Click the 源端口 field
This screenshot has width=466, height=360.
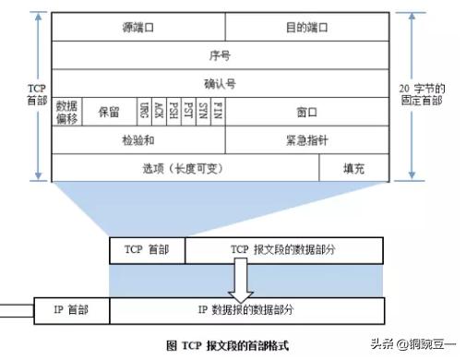tap(138, 28)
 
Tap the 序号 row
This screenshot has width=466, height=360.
tap(221, 55)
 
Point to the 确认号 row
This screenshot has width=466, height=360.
tap(221, 83)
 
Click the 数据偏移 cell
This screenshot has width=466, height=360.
tap(66, 111)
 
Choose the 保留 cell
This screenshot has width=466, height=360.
tap(108, 112)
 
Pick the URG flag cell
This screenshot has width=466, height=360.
tap(145, 112)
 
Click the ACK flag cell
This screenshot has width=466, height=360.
tap(159, 112)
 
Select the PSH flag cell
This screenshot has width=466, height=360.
tap(173, 112)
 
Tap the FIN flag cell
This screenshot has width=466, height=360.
tap(218, 112)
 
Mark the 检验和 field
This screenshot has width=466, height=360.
tap(138, 140)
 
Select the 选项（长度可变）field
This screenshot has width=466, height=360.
tap(185, 169)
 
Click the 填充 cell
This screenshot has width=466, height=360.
tap(354, 169)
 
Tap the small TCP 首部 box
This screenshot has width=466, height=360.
tap(147, 250)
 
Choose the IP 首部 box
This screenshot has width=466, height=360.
tap(72, 308)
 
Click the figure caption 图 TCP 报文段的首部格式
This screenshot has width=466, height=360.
tap(227, 344)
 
